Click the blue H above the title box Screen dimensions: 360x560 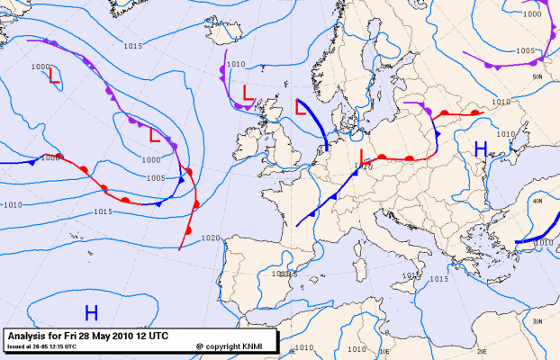point(91,312)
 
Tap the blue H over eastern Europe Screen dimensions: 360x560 point(480,148)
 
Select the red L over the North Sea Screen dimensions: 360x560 point(303,107)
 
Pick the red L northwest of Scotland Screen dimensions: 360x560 point(247,92)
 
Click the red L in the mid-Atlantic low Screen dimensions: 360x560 point(155,136)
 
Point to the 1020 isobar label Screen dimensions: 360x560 point(211,238)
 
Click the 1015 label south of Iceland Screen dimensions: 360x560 point(134,46)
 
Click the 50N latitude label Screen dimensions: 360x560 point(537,77)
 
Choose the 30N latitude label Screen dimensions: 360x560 point(537,321)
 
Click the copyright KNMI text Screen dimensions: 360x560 point(233,346)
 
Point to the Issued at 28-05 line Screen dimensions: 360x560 point(41,346)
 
